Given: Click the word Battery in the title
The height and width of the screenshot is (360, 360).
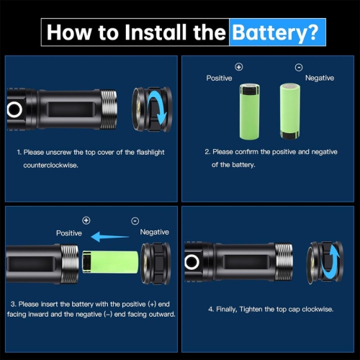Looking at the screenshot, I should (276, 32).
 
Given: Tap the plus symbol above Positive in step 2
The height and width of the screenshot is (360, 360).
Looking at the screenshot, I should (239, 67).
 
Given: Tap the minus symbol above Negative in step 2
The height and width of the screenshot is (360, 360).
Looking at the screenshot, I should (299, 67).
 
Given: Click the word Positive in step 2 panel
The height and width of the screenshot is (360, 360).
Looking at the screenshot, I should (220, 78).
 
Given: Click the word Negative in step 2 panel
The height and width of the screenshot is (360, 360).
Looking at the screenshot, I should (320, 78).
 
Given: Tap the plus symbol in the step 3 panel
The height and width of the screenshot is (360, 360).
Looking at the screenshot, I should (86, 220).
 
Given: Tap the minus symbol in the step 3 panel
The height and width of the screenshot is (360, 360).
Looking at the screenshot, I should (135, 220).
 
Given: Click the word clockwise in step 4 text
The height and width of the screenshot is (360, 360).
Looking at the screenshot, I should (315, 309).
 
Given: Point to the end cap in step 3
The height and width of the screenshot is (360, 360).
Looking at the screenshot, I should (156, 263).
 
